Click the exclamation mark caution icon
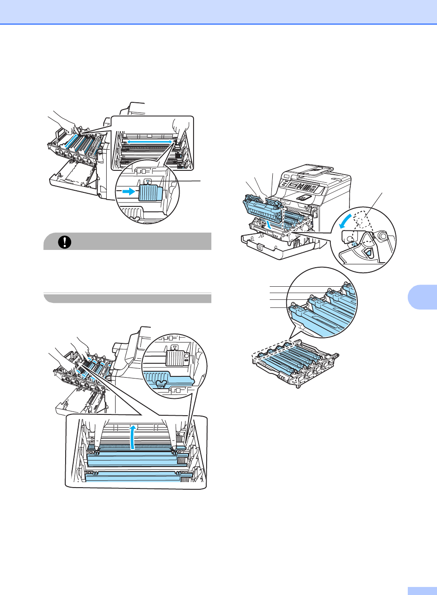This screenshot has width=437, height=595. coord(65,241)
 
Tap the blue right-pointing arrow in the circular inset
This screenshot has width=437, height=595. coord(128,192)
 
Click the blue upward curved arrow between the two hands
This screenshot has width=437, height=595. coord(134,437)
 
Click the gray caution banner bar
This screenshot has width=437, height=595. coord(127,241)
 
